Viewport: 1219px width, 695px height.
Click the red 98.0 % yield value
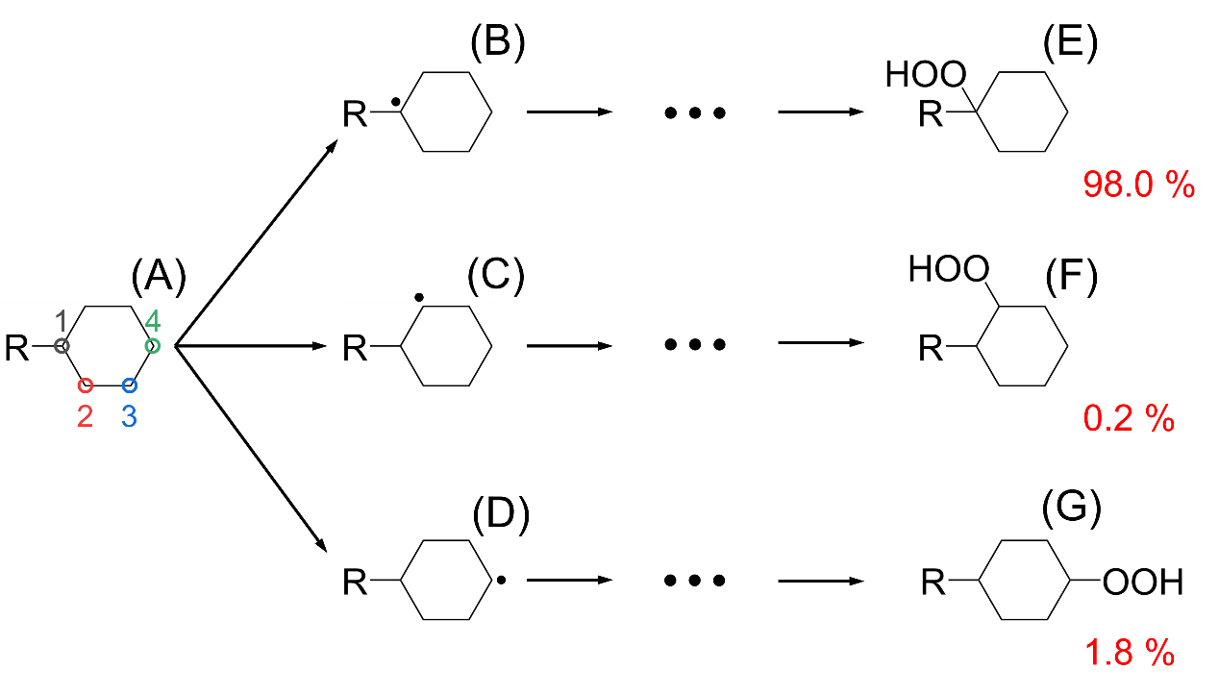(x=1138, y=184)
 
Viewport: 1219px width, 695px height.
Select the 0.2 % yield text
(x=1129, y=418)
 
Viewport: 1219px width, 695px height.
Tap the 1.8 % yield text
(x=1130, y=654)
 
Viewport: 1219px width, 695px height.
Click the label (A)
(x=158, y=278)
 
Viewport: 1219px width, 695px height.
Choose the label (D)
(x=501, y=517)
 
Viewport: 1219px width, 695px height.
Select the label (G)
(x=1071, y=510)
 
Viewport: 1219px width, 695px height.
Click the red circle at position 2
(x=85, y=385)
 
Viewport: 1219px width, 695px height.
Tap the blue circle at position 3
(x=130, y=385)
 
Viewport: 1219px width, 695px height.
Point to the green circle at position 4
(x=152, y=345)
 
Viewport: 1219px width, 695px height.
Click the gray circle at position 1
(x=62, y=346)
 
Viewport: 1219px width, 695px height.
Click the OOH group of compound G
(x=1142, y=582)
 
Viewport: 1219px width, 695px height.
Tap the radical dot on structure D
(x=501, y=581)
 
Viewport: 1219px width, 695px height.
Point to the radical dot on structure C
(x=418, y=298)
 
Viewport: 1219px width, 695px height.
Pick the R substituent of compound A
(x=17, y=347)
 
